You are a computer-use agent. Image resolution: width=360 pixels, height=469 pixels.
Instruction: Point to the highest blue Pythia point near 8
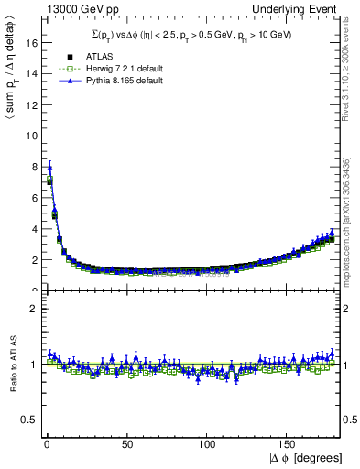click(49, 168)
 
